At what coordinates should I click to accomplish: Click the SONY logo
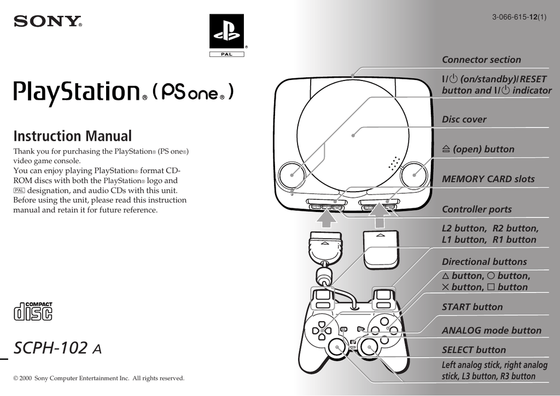coord(48,22)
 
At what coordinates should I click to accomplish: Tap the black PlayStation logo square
coord(226,31)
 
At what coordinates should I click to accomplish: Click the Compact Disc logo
coord(33,311)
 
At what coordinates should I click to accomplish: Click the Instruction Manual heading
coord(72,136)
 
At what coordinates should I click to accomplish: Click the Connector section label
coord(481,60)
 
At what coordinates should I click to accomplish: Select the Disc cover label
coord(464,119)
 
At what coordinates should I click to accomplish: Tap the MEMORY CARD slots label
coord(488,179)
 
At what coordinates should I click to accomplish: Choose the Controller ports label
coord(476,209)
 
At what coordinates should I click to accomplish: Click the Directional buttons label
coord(484,262)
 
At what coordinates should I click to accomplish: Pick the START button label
coord(472,307)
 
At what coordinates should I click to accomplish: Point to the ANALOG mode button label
coord(491,330)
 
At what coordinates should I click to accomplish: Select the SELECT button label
coord(474,350)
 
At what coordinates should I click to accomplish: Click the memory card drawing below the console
coord(381,248)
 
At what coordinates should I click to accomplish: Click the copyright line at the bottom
coord(98,378)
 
